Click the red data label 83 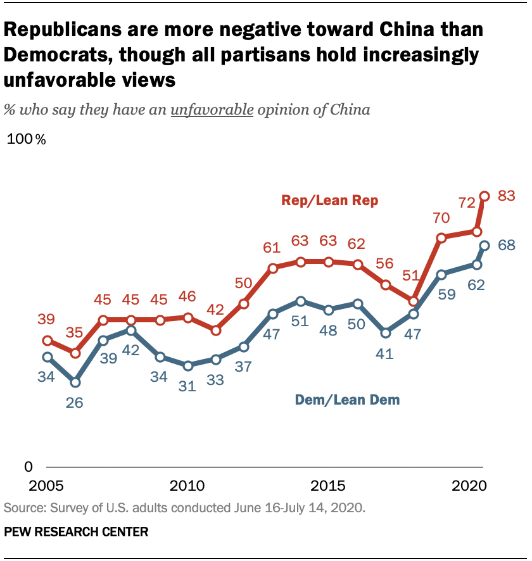tap(506, 196)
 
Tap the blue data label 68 tap(506, 244)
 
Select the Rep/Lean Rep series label tap(329, 201)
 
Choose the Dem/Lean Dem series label tap(347, 400)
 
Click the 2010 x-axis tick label tap(187, 487)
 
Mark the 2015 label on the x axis tap(329, 487)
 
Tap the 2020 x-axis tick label tap(470, 487)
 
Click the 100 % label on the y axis tap(26, 140)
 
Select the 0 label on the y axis tap(28, 467)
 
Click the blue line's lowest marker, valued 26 tap(75, 382)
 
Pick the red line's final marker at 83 tap(485, 196)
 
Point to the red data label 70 tap(441, 218)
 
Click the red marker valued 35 tap(75, 353)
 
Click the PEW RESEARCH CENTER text tap(76, 532)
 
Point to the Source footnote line tap(185, 507)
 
